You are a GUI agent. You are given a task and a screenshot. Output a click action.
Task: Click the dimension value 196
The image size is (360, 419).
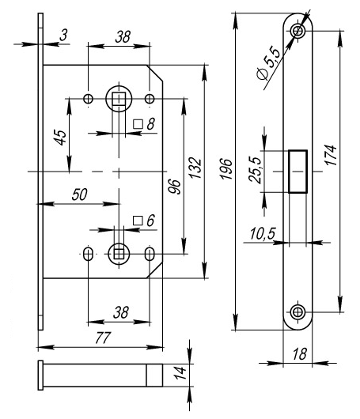point(225,169)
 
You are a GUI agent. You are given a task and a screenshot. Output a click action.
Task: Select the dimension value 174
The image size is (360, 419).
point(330,155)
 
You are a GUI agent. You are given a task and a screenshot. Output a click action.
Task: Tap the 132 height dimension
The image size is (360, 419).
point(195,168)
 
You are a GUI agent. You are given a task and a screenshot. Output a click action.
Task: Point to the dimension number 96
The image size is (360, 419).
point(174,187)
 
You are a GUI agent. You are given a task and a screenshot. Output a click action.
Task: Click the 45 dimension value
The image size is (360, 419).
point(61,138)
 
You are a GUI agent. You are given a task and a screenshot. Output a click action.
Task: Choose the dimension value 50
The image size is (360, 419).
point(79,194)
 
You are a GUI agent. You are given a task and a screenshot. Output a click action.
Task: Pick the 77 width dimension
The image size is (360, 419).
point(102,338)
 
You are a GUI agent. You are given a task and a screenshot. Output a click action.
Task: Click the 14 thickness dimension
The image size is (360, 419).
point(180,373)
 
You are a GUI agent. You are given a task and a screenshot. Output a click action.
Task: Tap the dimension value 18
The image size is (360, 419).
point(299,354)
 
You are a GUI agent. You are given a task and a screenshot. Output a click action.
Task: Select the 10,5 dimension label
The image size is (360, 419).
point(263,233)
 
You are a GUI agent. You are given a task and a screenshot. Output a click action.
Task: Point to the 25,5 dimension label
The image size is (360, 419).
point(255,170)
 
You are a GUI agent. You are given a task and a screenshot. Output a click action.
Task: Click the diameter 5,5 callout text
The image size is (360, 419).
point(269,62)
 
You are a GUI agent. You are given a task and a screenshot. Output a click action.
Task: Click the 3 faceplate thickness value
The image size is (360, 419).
point(63,35)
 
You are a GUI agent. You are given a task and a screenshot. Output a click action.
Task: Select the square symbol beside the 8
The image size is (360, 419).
point(138,124)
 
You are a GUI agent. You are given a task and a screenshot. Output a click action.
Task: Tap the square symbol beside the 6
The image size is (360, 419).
point(138,221)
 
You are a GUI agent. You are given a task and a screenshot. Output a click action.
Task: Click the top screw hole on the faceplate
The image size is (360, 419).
point(297,31)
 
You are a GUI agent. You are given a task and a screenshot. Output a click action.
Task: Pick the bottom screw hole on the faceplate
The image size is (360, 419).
point(297,311)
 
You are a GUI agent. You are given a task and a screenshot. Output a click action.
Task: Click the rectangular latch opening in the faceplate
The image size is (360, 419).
point(297,172)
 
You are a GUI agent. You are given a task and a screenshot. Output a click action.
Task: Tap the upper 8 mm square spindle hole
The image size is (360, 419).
point(119,99)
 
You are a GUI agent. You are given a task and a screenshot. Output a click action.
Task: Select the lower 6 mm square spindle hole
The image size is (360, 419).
point(119,254)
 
